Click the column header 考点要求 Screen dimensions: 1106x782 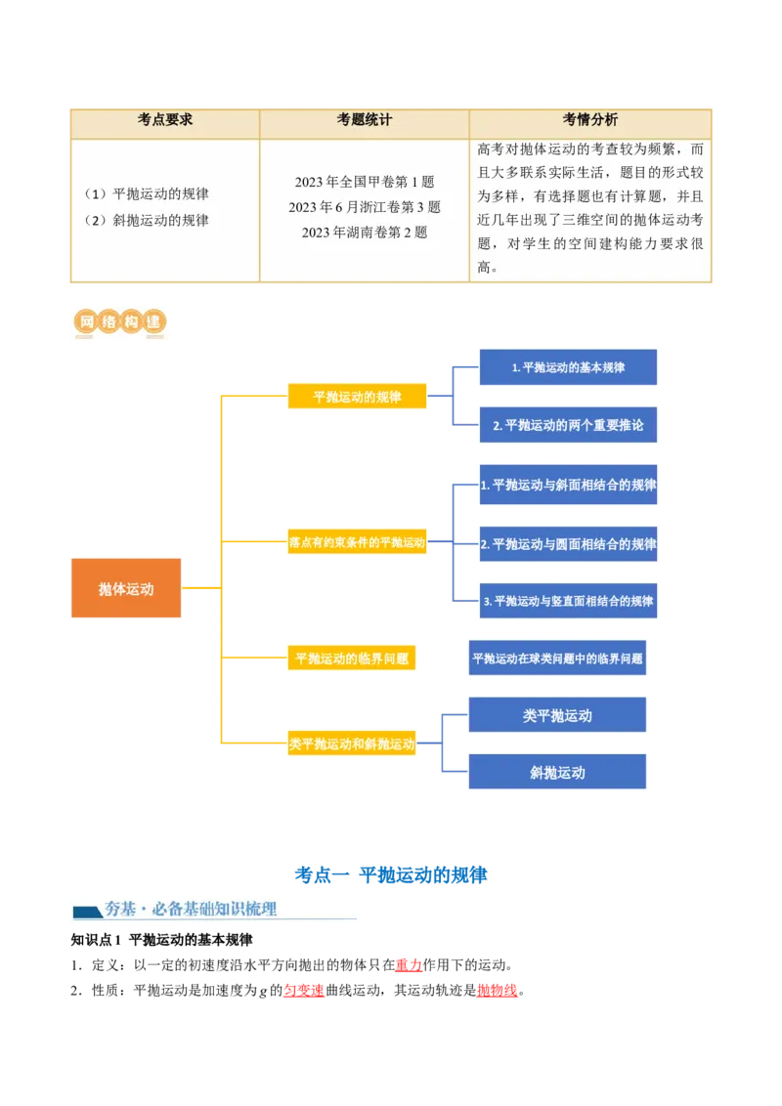165,120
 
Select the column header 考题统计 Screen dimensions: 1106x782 364,120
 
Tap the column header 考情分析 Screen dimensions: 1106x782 589,120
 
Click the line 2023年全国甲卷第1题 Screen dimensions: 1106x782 364,182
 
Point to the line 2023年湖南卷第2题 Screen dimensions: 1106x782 364,233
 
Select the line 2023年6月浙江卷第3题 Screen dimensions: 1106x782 364,207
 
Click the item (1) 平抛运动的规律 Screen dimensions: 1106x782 147,193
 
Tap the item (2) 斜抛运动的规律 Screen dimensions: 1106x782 147,220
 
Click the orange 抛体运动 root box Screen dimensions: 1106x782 126,589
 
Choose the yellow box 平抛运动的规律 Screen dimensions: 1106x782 357,397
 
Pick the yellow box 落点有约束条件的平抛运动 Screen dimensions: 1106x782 357,542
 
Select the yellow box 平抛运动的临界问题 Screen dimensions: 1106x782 351,659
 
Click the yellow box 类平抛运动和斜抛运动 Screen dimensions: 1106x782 352,744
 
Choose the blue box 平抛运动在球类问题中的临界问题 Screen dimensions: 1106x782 557,659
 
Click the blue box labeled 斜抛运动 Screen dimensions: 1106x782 557,772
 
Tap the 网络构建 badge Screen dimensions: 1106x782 117,323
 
